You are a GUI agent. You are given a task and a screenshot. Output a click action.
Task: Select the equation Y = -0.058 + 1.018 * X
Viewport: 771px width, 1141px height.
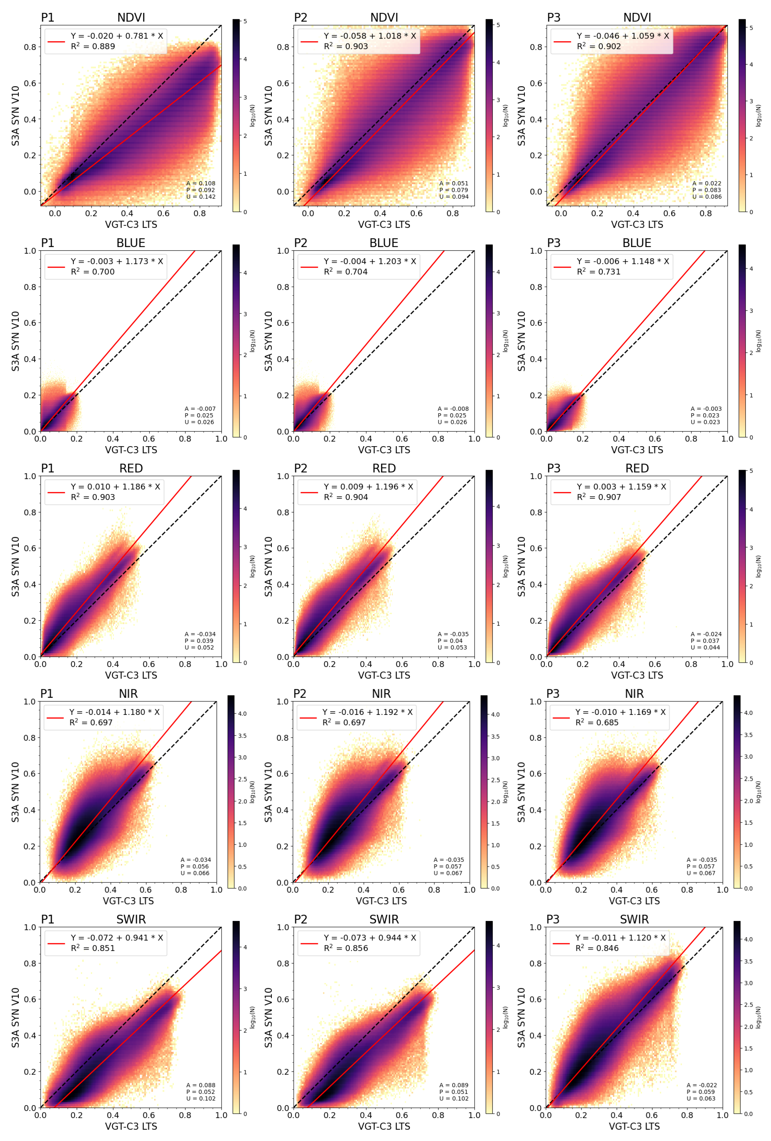[369, 36]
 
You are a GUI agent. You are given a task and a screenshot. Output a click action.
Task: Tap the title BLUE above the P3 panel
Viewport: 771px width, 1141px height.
[637, 243]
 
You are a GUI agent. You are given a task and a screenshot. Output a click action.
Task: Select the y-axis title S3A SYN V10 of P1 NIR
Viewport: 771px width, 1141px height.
[15, 792]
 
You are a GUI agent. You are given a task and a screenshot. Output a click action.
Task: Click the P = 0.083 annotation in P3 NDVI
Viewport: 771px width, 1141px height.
[707, 190]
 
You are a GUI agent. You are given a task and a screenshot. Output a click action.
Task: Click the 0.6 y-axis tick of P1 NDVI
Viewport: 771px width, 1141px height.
[30, 83]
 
